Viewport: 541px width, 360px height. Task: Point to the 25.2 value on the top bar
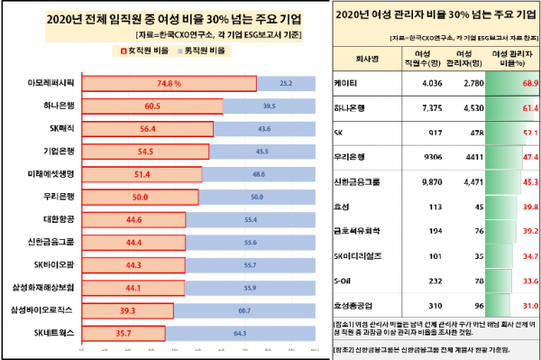click(286, 84)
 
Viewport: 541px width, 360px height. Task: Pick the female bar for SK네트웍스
click(123, 333)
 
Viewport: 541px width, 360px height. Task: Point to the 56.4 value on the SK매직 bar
click(147, 129)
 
